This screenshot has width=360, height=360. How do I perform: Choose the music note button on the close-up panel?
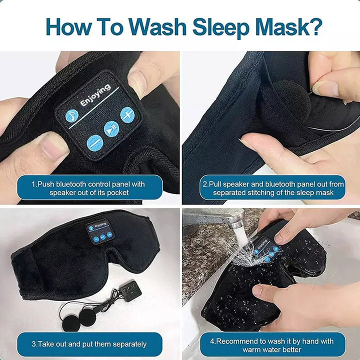click(x=72, y=115)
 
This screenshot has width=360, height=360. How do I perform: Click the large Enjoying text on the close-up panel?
click(x=95, y=95)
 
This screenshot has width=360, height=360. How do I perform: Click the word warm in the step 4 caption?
click(x=252, y=349)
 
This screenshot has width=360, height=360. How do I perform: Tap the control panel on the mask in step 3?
click(x=100, y=231)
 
